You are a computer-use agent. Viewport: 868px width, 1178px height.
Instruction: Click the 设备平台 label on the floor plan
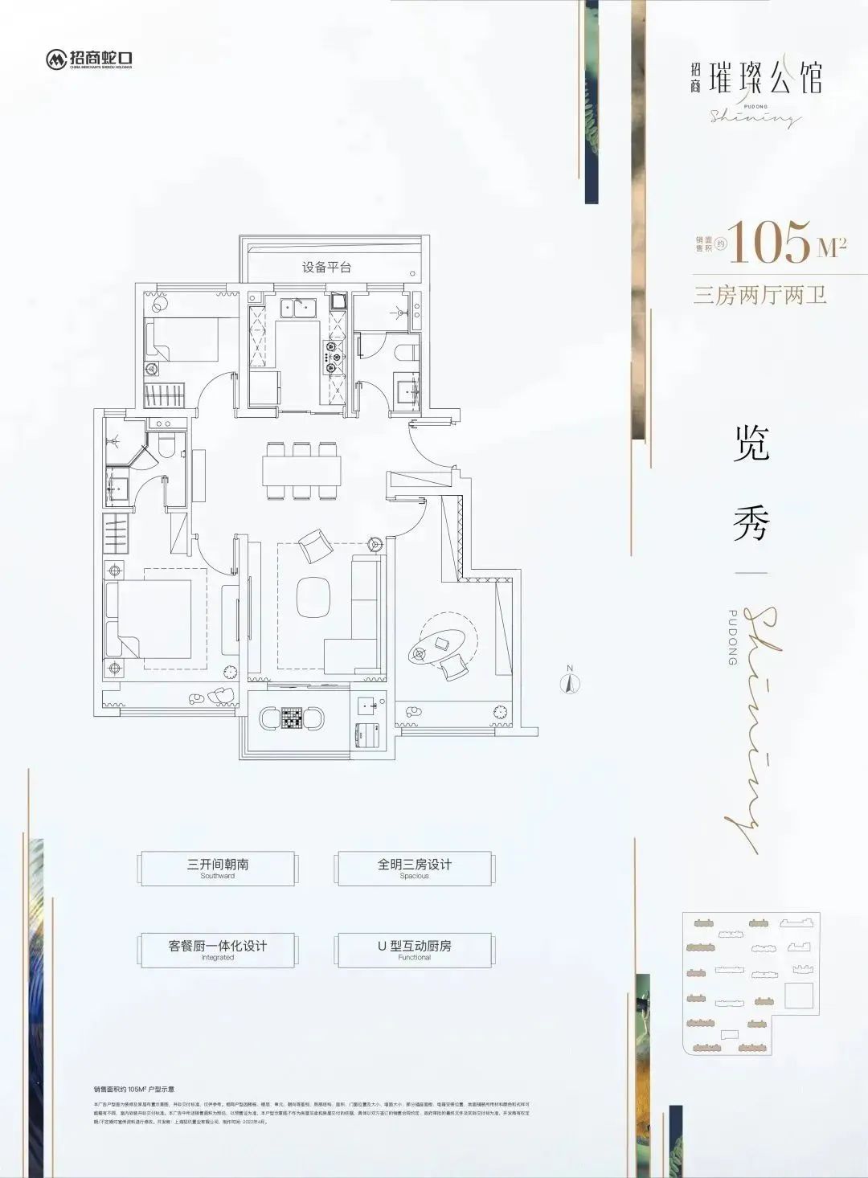coord(327,267)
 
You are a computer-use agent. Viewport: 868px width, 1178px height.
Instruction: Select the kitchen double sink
coord(297,306)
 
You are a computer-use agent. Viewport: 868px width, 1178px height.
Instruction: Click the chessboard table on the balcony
coord(291,718)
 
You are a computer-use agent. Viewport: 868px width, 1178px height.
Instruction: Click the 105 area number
coord(771,242)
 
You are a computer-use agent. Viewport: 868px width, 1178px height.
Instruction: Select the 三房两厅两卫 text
coord(760,295)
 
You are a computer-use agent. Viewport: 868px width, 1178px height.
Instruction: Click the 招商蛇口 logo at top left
coord(89,59)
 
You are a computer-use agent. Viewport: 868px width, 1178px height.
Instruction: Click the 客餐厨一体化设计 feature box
coord(218,948)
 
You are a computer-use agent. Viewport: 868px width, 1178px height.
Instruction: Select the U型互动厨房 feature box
coord(414,948)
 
